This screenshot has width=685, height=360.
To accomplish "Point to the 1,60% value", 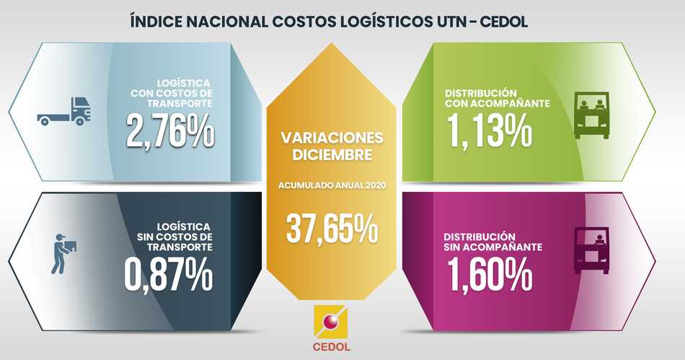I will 490,273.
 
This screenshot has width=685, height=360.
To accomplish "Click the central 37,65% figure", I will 332,228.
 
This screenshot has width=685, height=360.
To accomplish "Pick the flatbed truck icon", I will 65,112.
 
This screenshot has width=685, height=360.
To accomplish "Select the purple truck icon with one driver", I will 591,250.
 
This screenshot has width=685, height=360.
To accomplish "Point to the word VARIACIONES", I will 332,138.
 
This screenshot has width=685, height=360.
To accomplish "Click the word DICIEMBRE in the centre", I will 332,154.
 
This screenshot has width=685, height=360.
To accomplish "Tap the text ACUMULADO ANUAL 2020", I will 332,185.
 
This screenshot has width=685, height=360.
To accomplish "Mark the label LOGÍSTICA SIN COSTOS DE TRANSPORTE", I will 174,237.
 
